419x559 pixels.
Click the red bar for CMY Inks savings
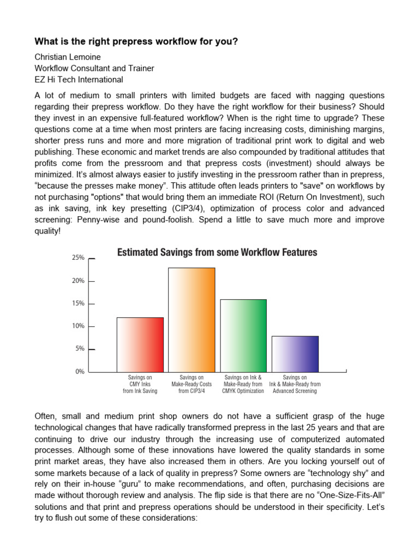[140, 344]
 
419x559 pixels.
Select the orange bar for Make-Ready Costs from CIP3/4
[191, 320]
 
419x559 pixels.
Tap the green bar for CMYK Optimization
[243, 336]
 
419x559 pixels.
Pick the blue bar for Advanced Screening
[295, 354]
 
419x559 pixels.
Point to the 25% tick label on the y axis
[78, 258]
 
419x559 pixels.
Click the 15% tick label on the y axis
[78, 304]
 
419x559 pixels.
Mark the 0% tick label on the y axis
[80, 372]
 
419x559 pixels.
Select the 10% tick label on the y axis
[78, 326]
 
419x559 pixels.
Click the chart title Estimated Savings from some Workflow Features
[217, 252]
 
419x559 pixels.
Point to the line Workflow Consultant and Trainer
[94, 68]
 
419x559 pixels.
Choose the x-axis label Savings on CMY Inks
[140, 384]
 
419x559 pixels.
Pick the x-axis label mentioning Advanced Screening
[295, 384]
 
